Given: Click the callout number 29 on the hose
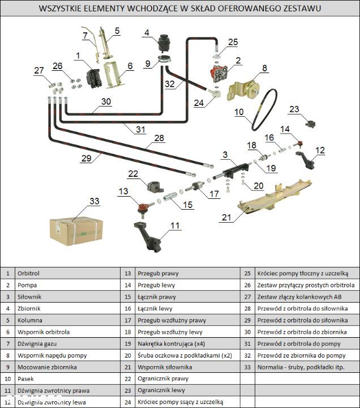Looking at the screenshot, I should pyautogui.click(x=85, y=159).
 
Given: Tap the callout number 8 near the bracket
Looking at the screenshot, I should pyautogui.click(x=264, y=69).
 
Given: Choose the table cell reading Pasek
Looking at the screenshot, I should pyautogui.click(x=26, y=379).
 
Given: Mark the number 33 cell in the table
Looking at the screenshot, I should pyautogui.click(x=247, y=367).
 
